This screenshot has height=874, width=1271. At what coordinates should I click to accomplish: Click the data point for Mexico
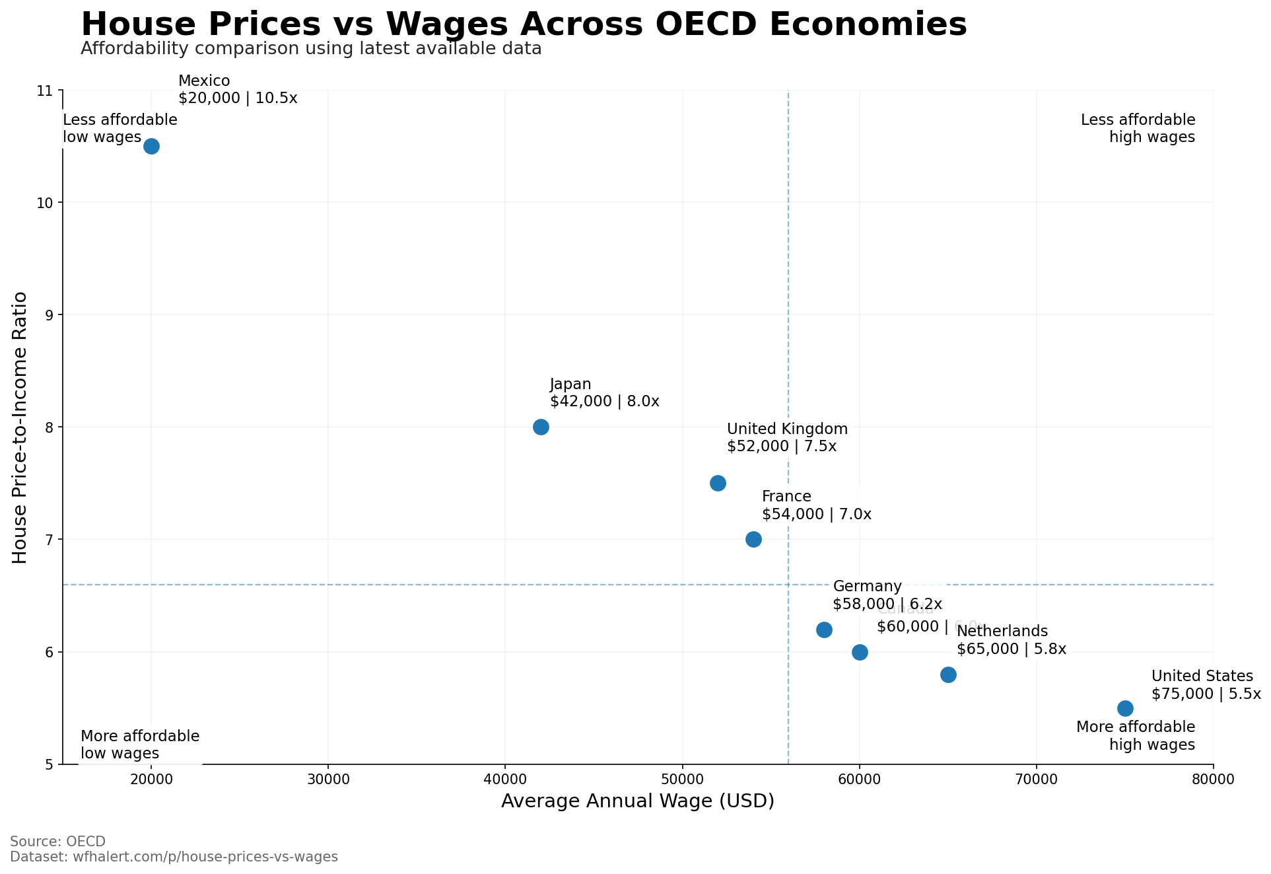(151, 146)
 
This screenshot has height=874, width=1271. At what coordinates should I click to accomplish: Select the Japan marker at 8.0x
(541, 427)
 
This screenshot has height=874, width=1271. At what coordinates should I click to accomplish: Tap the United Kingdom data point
(718, 483)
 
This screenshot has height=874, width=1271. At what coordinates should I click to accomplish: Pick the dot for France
(753, 539)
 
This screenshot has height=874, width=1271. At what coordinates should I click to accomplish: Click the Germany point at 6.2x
(824, 630)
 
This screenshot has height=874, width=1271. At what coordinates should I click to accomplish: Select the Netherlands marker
(948, 674)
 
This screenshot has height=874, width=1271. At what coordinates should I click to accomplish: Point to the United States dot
(1125, 708)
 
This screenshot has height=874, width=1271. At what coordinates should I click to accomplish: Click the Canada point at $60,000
(860, 652)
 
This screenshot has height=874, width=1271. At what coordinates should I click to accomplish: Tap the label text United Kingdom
(787, 429)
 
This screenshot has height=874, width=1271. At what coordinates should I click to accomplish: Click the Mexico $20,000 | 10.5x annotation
(238, 90)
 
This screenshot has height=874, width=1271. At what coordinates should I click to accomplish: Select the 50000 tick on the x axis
(682, 780)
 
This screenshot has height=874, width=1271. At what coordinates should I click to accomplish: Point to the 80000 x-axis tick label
(1213, 780)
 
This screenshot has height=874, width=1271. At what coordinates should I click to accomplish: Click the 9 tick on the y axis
(49, 315)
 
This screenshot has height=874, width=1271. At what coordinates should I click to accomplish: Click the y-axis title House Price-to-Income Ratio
(20, 427)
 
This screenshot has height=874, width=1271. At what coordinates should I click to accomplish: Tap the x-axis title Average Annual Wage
(637, 801)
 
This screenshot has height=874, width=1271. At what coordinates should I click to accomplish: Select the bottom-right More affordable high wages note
(1136, 736)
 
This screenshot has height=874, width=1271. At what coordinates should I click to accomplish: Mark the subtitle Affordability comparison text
(311, 49)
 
